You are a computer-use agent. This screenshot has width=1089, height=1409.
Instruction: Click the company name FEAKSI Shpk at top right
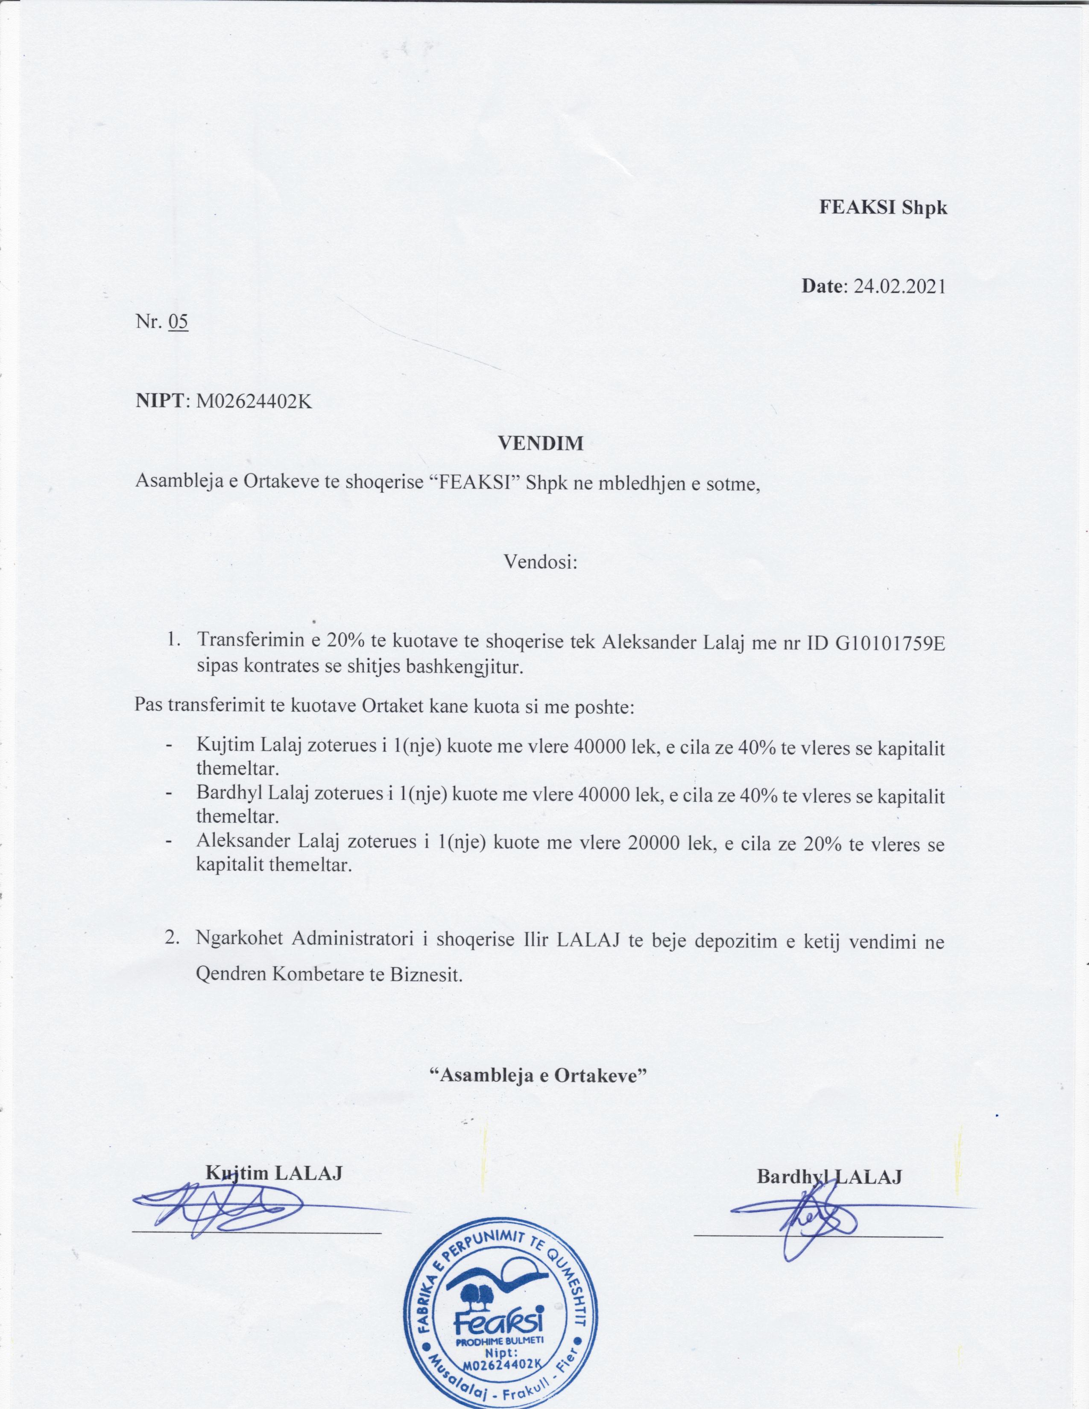point(883,207)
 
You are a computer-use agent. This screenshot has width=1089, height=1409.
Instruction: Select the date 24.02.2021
point(899,285)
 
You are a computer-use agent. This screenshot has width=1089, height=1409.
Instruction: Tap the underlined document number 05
point(177,321)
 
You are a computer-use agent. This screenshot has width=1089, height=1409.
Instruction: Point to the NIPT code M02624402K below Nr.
point(254,401)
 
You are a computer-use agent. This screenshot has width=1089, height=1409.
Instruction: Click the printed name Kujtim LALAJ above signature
point(274,1172)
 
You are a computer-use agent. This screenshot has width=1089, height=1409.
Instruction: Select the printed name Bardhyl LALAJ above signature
point(828,1176)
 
